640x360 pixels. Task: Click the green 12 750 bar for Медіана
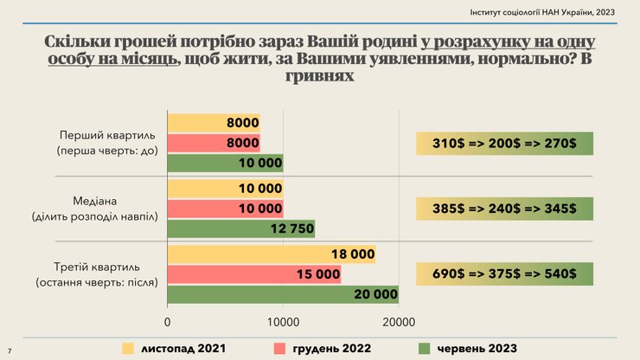(x=240, y=228)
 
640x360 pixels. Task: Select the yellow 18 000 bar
(x=271, y=254)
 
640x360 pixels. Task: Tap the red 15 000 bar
(x=253, y=274)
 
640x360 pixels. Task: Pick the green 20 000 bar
(x=283, y=295)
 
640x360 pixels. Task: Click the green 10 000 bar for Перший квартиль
(x=225, y=163)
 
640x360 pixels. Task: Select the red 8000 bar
(x=213, y=143)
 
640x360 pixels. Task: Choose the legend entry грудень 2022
(x=320, y=348)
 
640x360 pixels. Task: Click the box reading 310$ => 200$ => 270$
(x=504, y=143)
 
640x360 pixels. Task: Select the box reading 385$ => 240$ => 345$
(x=504, y=209)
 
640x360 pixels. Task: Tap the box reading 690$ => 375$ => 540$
(x=504, y=274)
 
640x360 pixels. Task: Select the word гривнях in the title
(x=319, y=76)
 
